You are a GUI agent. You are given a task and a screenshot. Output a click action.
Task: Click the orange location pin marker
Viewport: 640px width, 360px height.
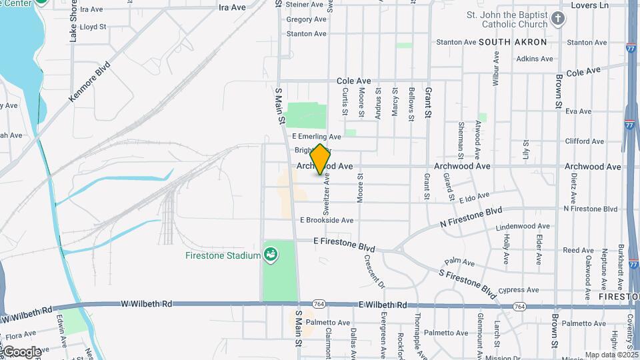click(320, 159)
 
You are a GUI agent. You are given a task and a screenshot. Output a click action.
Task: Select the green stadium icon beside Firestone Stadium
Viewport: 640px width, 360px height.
click(271, 253)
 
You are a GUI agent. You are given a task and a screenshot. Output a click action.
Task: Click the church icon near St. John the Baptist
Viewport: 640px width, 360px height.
click(558, 19)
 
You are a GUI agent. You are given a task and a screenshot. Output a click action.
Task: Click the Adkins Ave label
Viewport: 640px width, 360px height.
click(535, 59)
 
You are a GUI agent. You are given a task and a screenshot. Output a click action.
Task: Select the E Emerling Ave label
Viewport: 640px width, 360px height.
click(317, 137)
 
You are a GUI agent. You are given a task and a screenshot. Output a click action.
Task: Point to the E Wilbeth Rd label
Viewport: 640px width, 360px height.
click(383, 305)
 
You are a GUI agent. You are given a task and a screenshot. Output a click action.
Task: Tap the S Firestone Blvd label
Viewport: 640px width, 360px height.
click(467, 282)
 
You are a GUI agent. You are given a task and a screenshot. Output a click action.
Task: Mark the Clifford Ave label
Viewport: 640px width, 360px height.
click(585, 141)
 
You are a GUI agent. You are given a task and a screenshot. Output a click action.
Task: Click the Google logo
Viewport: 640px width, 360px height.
click(21, 351)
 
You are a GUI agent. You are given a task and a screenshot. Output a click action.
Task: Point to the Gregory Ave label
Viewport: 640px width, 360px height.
click(306, 19)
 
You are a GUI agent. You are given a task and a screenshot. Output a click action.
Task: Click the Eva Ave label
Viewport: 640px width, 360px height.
click(574, 111)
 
